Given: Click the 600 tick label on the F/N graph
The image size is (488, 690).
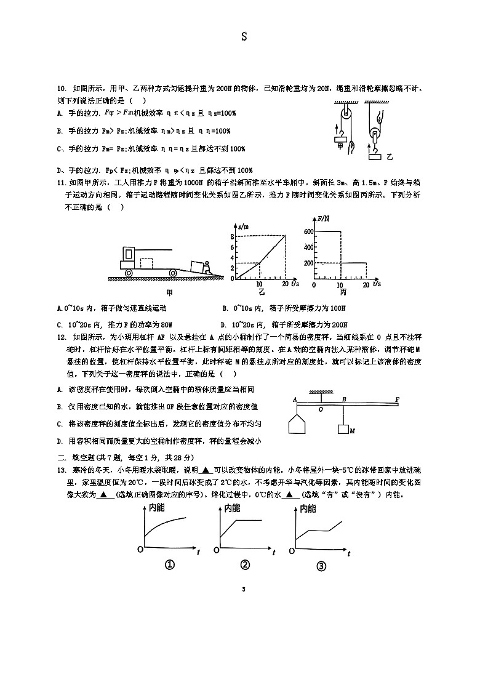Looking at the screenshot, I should point(308,231).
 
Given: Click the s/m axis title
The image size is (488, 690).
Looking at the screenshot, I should point(242,226).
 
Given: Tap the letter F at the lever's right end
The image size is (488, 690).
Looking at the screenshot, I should point(397,399).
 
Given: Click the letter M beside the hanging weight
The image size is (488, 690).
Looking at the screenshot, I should point(353,431).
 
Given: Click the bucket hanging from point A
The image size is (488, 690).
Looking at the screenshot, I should point(298,425).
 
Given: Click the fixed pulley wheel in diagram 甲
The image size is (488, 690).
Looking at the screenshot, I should point(346,113).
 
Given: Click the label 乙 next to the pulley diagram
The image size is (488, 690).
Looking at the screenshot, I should point(389,157).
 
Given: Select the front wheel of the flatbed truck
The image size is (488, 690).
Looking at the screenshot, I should point(130,272).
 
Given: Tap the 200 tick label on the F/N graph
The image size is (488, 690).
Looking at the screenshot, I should point(308,263).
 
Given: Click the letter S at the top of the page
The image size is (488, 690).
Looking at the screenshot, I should point(244,37).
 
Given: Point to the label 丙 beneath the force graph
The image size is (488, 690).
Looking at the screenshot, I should point(343,292).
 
